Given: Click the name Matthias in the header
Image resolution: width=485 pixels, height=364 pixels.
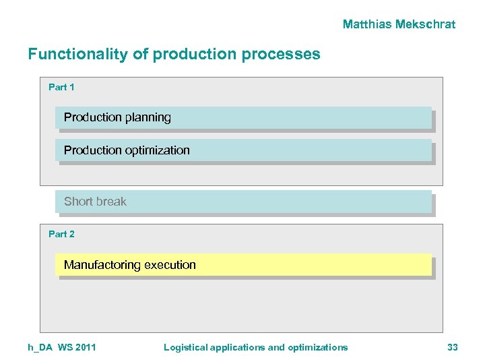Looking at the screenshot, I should tap(368, 24).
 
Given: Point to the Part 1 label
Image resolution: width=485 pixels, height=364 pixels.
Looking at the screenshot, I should tap(61, 87).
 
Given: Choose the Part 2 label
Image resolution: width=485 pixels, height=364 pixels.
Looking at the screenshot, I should tap(61, 234).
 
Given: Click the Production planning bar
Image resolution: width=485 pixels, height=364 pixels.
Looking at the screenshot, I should tap(243, 117).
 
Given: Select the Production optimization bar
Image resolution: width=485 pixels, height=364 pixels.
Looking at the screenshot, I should tap(243, 150).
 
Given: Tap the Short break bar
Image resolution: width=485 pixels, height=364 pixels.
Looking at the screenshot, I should tap(243, 202).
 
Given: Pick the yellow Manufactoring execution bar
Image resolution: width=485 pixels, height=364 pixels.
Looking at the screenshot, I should tap(243, 265).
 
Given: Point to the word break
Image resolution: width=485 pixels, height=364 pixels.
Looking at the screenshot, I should tap(110, 202).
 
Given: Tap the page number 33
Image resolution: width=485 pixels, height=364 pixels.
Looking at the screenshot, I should tap(452, 347).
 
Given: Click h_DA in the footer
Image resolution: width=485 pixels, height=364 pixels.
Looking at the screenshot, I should tap(40, 347).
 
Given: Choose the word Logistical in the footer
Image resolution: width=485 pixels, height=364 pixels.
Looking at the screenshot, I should tap(185, 347).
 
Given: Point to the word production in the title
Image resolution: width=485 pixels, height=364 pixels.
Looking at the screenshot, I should tap(199, 54).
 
